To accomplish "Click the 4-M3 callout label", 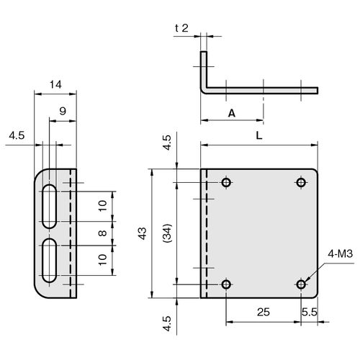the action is click(x=341, y=253).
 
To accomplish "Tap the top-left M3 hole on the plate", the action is click(x=226, y=183).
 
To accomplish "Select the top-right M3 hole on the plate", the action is click(x=301, y=183).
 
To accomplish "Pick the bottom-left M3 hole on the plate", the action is click(x=226, y=284).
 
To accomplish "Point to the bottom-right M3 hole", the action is click(x=301, y=284).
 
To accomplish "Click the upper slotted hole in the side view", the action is click(x=49, y=207).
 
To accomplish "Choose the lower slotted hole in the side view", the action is click(x=49, y=261).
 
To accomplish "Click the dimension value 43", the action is click(x=142, y=233).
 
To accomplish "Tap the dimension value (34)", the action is click(x=167, y=233).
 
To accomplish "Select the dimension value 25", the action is click(x=264, y=312).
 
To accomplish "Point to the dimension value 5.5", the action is click(x=310, y=312).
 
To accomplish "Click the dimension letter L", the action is click(x=259, y=136).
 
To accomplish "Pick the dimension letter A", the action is click(x=232, y=113).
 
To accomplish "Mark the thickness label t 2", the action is click(x=181, y=28).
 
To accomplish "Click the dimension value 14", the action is click(x=55, y=84).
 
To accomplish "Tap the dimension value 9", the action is click(x=63, y=111).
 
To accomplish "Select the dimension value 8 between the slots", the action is click(x=102, y=233).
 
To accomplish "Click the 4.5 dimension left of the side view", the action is click(x=17, y=135).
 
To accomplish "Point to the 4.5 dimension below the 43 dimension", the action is click(x=167, y=323).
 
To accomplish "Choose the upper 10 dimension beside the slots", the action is click(x=102, y=206).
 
